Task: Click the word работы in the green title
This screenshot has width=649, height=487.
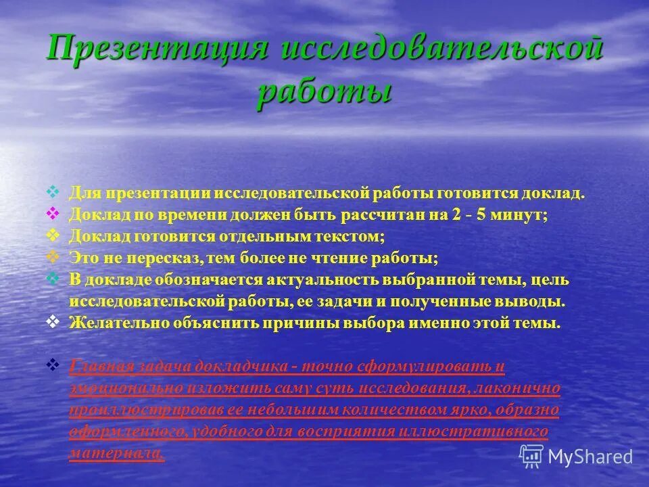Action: pos(324,91)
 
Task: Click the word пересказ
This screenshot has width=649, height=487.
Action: pos(156,258)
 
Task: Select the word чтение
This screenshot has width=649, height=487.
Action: pos(358,258)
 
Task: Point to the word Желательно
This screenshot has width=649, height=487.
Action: pos(112,323)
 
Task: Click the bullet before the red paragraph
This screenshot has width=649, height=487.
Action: pos(54,365)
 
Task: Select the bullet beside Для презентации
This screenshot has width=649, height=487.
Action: pos(54,192)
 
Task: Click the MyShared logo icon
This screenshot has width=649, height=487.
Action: pos(531,456)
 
